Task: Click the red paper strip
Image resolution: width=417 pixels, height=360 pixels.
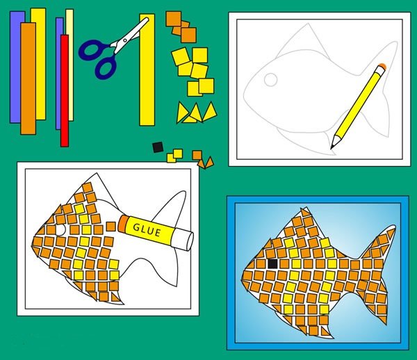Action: [65, 90]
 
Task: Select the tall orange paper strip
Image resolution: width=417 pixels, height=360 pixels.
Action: [28, 79]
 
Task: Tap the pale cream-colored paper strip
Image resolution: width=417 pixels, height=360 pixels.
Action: [70, 65]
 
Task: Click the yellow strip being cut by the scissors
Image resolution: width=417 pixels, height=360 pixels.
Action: [147, 69]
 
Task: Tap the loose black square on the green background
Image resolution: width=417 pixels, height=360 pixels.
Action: [158, 147]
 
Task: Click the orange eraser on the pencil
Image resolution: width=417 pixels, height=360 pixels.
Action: [382, 66]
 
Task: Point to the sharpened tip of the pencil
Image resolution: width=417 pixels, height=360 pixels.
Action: [332, 148]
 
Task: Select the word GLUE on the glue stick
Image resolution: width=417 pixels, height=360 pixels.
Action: [147, 230]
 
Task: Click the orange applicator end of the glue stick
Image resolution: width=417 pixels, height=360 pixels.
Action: [123, 224]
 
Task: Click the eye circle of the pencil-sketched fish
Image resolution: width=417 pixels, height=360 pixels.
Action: [271, 79]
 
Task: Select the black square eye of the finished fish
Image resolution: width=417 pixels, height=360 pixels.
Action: [272, 264]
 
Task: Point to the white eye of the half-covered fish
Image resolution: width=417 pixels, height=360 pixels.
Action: [60, 230]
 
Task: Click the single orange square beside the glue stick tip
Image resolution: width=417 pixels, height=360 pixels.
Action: [111, 227]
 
